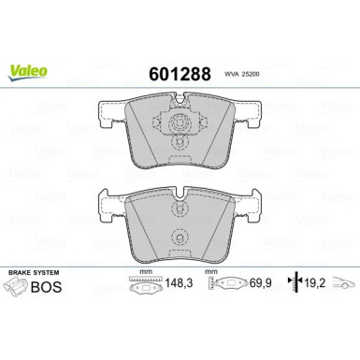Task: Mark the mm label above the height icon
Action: click(x=211, y=273)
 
